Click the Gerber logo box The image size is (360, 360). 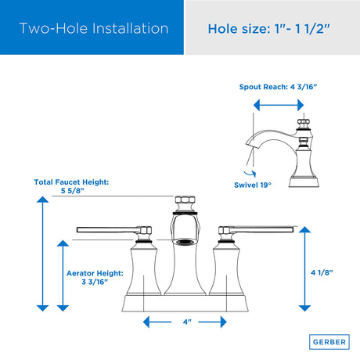[x=329, y=342]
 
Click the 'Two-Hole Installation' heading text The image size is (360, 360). [x=94, y=28]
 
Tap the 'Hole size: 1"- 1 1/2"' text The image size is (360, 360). [x=269, y=28]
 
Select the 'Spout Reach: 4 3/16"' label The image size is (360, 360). [x=278, y=87]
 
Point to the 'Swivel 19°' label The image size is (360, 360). [x=253, y=185]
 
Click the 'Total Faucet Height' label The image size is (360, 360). [x=71, y=182]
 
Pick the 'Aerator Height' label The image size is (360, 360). [x=95, y=273]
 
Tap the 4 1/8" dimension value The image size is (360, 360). [x=322, y=272]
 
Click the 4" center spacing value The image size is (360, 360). [x=187, y=322]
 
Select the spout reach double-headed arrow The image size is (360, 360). [x=279, y=105]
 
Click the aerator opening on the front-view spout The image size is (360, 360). [x=185, y=243]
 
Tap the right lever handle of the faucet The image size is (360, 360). [x=256, y=230]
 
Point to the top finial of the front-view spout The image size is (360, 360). [x=185, y=200]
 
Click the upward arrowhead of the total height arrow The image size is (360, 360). [x=42, y=200]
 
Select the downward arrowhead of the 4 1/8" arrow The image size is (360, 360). [x=304, y=308]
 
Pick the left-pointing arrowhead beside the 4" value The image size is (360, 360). [x=146, y=322]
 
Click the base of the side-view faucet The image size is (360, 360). [x=304, y=182]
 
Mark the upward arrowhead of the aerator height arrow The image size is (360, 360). [x=63, y=243]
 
